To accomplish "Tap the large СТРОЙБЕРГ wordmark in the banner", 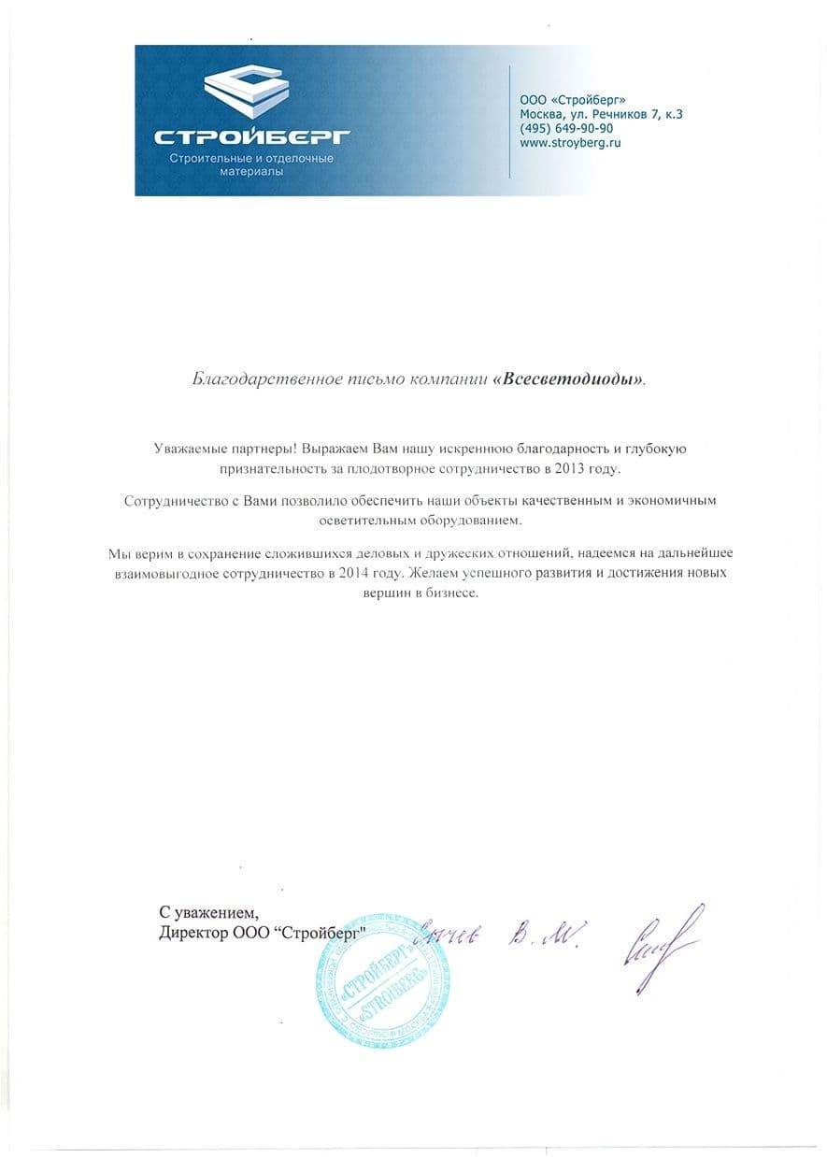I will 251,137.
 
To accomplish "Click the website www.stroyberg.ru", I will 570,143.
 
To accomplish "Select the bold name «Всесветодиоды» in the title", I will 568,380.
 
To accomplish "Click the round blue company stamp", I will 376,978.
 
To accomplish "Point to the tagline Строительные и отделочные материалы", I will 250,165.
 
